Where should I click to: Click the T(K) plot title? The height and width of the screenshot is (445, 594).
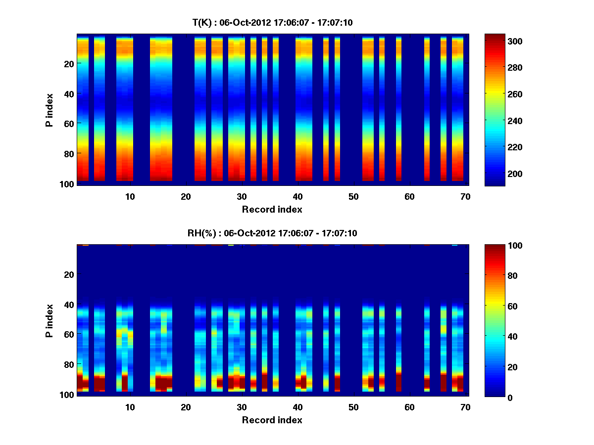click(x=272, y=22)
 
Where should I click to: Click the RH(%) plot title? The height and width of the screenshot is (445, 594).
click(x=272, y=233)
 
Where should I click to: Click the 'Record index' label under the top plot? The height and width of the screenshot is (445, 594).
click(x=272, y=209)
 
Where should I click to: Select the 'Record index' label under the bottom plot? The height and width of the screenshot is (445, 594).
click(x=272, y=420)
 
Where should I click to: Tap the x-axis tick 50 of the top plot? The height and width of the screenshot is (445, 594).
click(x=353, y=196)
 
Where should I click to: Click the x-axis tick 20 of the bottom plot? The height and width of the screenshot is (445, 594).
click(x=186, y=407)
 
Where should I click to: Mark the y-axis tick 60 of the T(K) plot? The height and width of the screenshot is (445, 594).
click(x=69, y=123)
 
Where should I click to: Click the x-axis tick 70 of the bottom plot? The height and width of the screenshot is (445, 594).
click(x=465, y=407)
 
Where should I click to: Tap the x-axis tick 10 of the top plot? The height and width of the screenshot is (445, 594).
click(x=130, y=196)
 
